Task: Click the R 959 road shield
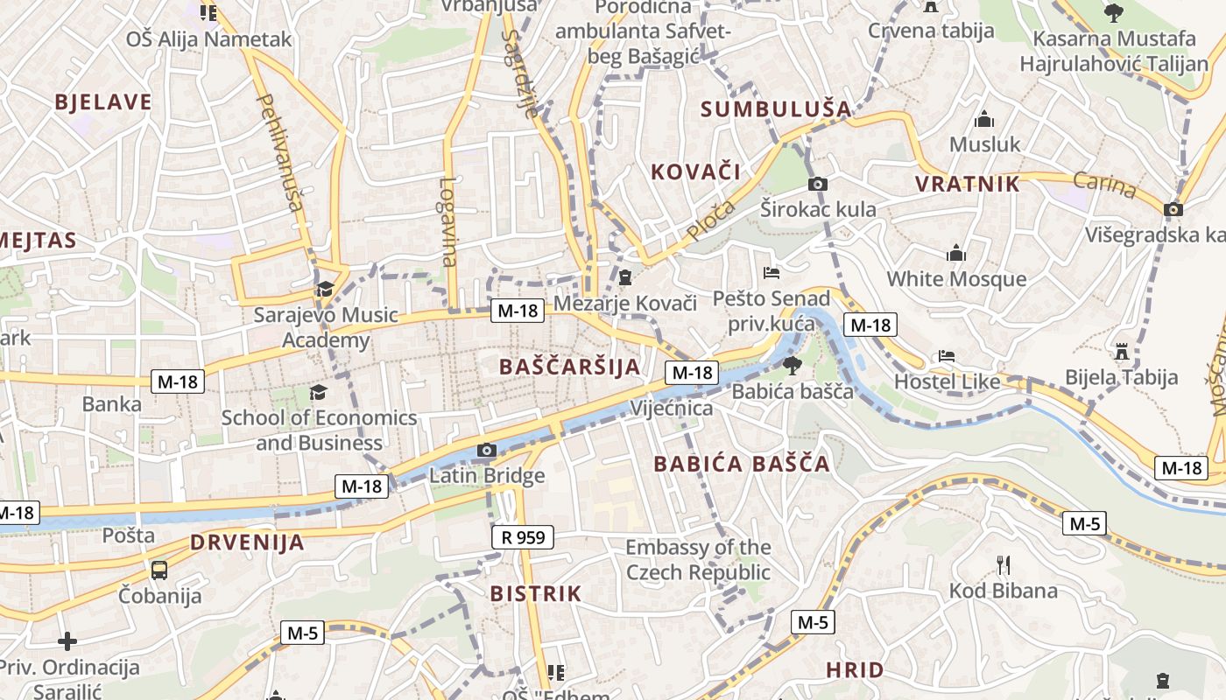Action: tap(524, 536)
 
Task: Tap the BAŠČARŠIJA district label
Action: tap(570, 367)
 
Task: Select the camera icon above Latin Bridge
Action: tap(487, 451)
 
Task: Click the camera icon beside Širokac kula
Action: tap(818, 184)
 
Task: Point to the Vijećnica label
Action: tap(672, 409)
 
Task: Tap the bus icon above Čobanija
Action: tap(159, 570)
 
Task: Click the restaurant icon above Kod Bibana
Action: tap(1004, 565)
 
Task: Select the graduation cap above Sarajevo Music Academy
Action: tap(325, 289)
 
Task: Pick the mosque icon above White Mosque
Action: tap(956, 254)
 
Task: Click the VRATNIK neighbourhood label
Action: tap(968, 184)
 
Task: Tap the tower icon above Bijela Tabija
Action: tap(1121, 352)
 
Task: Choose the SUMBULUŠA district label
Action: tap(776, 109)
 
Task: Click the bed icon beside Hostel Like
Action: tap(947, 356)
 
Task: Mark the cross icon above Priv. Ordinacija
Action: tap(67, 642)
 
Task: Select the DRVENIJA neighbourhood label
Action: tap(248, 542)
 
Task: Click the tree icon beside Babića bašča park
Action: tap(792, 365)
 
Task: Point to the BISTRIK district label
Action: tap(536, 594)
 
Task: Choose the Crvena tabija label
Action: tap(931, 31)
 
